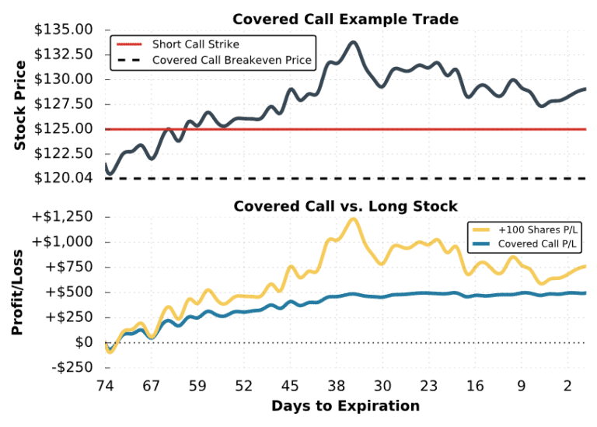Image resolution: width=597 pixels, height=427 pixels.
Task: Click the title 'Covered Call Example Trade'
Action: [346, 19]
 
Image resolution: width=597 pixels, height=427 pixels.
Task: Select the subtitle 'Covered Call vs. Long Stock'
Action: [346, 206]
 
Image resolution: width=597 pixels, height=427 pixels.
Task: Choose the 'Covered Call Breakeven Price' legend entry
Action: [232, 60]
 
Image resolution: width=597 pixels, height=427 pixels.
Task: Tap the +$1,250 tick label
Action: [64, 216]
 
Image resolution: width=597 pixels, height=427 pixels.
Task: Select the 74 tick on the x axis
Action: [105, 386]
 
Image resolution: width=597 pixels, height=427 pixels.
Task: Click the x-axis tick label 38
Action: [337, 386]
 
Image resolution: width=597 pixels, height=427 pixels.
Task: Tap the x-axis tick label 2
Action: [568, 386]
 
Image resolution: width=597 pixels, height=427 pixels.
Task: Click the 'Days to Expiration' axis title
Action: [345, 406]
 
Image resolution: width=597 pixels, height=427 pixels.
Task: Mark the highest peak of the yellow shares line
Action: [353, 219]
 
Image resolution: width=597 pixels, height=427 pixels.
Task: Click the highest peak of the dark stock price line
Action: [353, 42]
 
